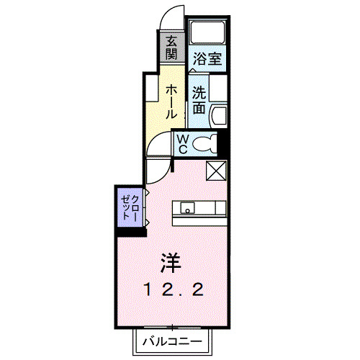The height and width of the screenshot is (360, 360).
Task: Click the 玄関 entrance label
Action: coord(171,48)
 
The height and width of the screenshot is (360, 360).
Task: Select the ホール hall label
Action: coord(171,102)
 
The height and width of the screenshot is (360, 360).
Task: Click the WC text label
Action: coord(183,144)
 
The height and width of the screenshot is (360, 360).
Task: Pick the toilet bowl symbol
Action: coord(204,144)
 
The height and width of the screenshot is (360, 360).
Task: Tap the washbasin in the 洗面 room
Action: coord(219,114)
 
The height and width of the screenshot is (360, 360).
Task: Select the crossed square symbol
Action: coord(216,171)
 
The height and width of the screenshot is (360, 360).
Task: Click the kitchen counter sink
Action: coord(186,209)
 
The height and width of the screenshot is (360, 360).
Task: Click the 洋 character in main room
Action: coord(171,260)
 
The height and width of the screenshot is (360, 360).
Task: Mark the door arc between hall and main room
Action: coord(157,171)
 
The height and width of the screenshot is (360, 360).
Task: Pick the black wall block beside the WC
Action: coord(223,143)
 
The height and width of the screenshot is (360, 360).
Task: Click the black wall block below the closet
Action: coord(130,230)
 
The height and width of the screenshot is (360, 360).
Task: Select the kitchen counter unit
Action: coord(199,209)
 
